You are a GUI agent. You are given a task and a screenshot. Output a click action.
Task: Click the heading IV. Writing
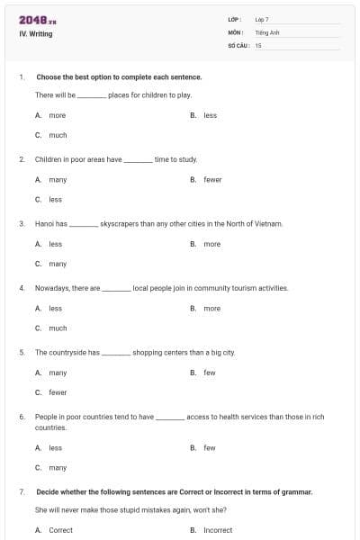[x=35, y=34]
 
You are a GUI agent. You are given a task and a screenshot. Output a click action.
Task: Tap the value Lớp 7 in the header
[x=262, y=19]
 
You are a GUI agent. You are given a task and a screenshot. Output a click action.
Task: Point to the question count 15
[x=258, y=45]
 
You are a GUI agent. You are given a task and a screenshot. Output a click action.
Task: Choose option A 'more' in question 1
[x=57, y=115]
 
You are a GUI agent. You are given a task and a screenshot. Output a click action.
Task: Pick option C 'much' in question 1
[x=58, y=135]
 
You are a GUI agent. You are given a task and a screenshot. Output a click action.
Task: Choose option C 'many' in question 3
[x=58, y=264]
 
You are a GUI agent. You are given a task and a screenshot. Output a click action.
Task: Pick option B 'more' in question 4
[x=211, y=309]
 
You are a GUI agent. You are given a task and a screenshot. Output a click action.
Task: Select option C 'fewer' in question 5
[x=58, y=392]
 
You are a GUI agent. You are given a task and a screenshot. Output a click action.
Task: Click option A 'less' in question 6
[x=55, y=447]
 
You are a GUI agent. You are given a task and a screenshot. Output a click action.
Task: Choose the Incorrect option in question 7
[x=217, y=530]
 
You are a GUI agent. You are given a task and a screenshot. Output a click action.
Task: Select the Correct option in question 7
[x=60, y=530]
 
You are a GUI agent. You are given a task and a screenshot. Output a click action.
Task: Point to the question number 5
[x=22, y=353]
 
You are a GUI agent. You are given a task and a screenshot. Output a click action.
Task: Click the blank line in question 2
[x=138, y=160]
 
